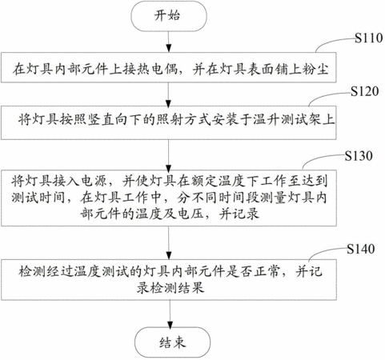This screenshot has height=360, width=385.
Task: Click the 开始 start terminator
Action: click(169, 16)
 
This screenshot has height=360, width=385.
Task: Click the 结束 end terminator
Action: click(172, 342)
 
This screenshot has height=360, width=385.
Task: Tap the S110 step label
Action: click(368, 38)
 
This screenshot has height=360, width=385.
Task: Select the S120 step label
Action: click(364, 91)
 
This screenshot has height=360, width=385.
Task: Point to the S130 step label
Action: click(359, 156)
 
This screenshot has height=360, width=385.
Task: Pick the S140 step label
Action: click(361, 249)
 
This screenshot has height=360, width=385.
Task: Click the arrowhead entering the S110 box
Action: click(169, 49)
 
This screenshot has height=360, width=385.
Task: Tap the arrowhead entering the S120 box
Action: click(169, 103)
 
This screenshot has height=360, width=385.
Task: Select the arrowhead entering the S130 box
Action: click(169, 168)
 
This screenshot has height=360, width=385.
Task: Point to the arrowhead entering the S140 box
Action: click(169, 255)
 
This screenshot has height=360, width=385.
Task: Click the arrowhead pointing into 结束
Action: click(170, 324)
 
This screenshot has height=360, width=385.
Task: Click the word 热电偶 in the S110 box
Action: click(157, 69)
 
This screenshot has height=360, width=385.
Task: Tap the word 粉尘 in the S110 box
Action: click(315, 69)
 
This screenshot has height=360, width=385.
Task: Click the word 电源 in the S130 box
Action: click(94, 181)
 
